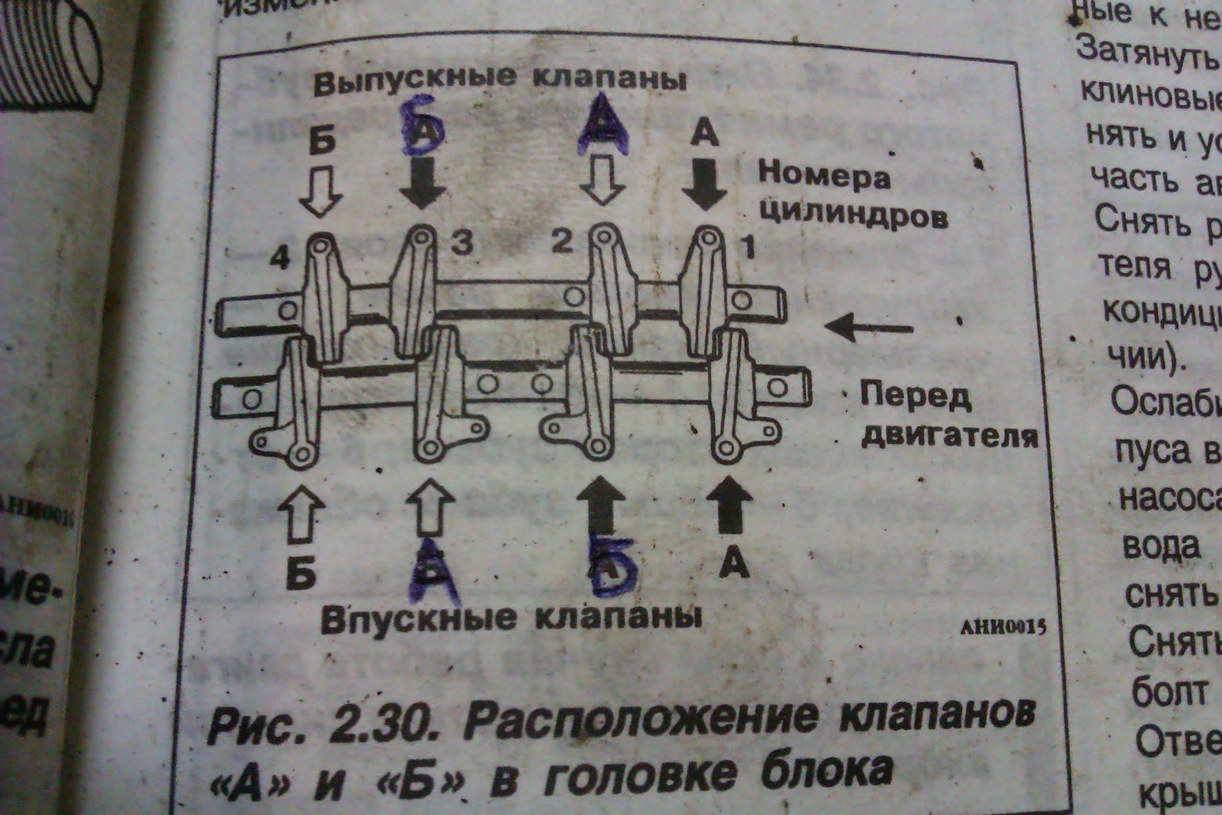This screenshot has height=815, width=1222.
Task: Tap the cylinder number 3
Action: point(462,242)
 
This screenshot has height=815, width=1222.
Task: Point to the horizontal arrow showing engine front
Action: point(869,328)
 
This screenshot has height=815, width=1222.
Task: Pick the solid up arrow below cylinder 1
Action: point(729,504)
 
